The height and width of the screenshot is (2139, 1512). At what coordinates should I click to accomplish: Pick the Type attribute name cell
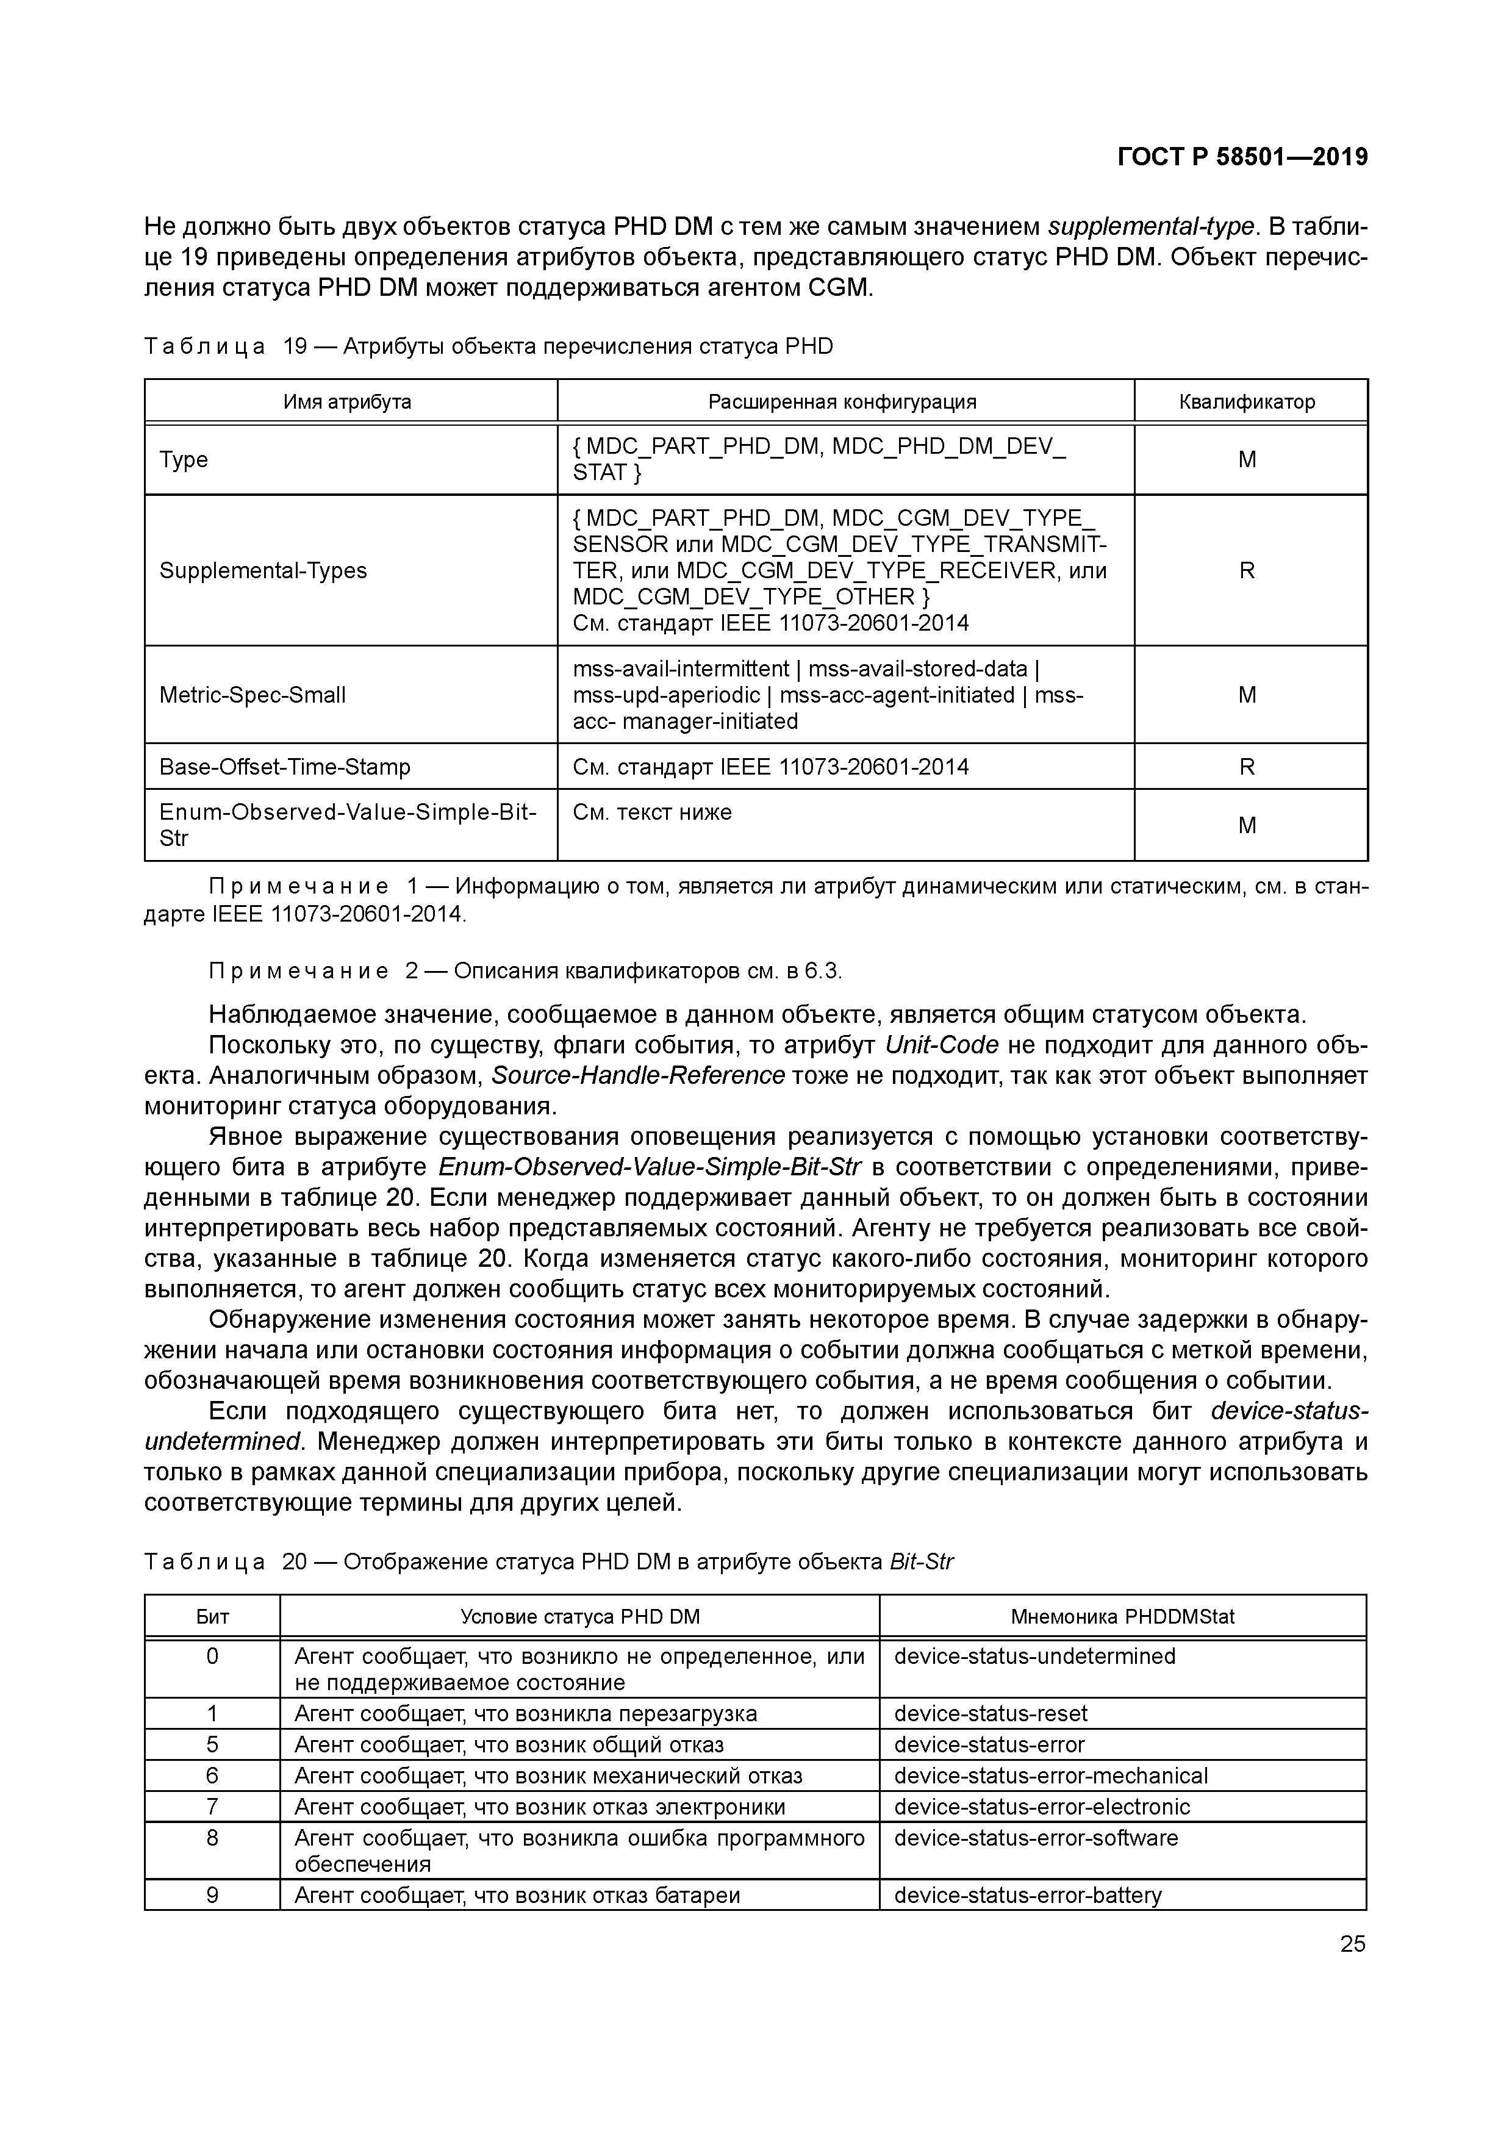pos(184,459)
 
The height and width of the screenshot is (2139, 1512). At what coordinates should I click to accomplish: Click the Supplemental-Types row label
pos(263,570)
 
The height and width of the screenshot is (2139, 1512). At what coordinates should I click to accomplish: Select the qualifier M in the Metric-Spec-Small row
pos(1247,695)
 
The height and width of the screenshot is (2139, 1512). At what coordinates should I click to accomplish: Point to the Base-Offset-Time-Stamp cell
pos(284,767)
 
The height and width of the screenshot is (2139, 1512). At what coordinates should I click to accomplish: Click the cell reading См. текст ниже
pos(652,812)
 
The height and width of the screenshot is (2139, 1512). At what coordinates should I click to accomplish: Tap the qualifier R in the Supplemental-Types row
pos(1247,570)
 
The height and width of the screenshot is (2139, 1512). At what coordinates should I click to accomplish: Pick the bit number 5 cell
pos(212,1744)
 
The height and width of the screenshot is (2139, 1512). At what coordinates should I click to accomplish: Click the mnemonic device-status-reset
pos(991,1713)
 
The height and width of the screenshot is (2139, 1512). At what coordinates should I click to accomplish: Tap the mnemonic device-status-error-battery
pos(1028,1895)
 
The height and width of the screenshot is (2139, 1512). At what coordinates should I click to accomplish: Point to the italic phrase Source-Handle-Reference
pos(637,1076)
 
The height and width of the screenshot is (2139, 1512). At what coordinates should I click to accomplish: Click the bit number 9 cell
pos(212,1895)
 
